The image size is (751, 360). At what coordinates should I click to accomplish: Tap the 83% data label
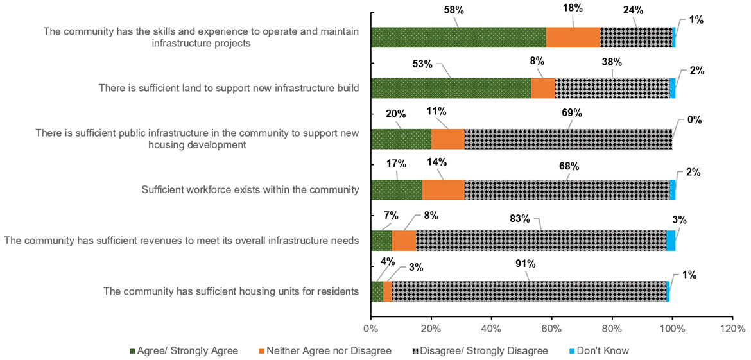tap(519, 218)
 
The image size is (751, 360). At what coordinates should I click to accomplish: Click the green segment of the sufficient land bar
tap(451, 88)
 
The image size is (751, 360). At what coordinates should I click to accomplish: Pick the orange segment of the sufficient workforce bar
tap(443, 189)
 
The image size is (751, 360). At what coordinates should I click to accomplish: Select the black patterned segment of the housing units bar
tap(528, 291)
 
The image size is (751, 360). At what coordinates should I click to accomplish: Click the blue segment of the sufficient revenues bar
tap(670, 241)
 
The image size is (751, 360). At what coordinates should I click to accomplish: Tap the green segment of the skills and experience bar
tap(458, 37)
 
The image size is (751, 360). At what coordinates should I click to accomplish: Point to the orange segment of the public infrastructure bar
tap(447, 139)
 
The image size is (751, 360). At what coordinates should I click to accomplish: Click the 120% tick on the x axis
tap(732, 329)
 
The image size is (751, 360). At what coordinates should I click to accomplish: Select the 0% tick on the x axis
tap(370, 329)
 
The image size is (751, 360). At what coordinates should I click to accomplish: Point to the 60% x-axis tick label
tap(551, 329)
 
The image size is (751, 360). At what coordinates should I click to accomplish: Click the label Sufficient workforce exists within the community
tap(249, 189)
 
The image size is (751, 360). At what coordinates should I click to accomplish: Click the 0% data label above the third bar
tap(694, 120)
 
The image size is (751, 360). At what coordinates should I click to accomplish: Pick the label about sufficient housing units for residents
tap(230, 291)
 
